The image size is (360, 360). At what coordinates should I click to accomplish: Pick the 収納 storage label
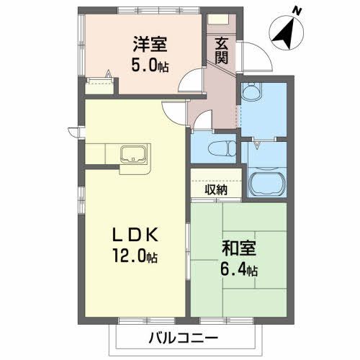click(216, 190)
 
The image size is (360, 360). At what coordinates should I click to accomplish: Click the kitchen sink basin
click(132, 154)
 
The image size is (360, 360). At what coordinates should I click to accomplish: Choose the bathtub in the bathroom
click(267, 184)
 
